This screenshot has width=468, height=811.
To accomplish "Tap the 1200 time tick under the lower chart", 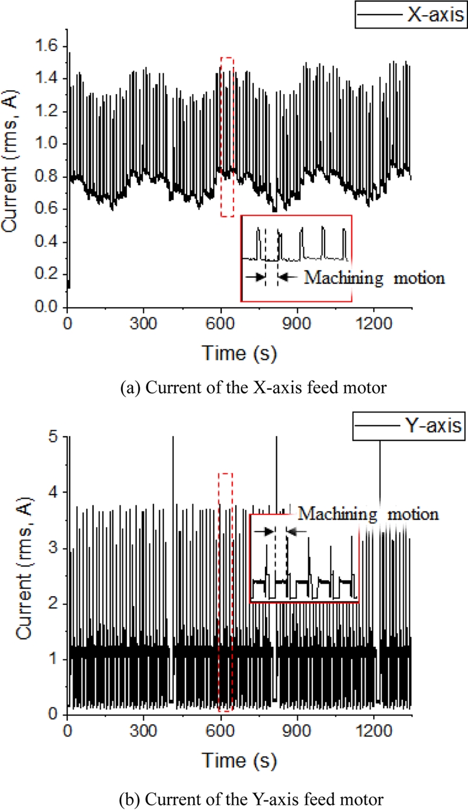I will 374,730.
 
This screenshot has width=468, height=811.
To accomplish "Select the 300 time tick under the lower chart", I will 144,730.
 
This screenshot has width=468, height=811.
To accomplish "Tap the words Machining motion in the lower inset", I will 368,514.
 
